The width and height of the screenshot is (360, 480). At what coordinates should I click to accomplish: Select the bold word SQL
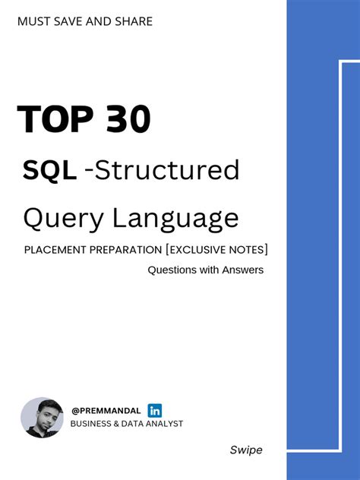coord(49,170)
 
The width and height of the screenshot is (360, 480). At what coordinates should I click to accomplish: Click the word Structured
coord(168,170)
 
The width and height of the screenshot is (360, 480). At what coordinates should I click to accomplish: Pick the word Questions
coord(172,270)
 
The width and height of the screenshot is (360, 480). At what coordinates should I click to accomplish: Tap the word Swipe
coord(246,450)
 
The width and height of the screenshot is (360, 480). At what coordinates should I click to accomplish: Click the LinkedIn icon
coord(154,410)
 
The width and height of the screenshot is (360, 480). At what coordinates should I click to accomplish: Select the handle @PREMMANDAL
coord(106,411)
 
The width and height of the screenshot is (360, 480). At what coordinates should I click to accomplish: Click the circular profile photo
coord(43,418)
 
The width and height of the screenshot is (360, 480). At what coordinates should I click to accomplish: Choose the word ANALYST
coord(163,424)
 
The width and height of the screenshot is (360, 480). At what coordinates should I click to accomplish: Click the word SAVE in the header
coord(72,21)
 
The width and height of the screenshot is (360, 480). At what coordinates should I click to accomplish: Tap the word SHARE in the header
coord(134,21)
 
